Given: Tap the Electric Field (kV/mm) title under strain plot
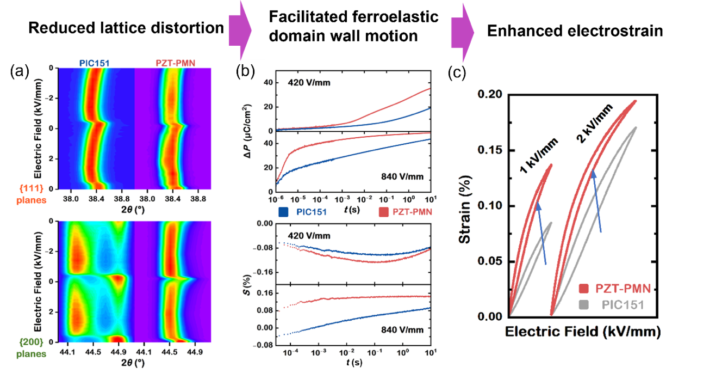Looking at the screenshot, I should point(582,331).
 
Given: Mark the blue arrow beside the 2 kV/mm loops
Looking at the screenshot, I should point(597,201).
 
